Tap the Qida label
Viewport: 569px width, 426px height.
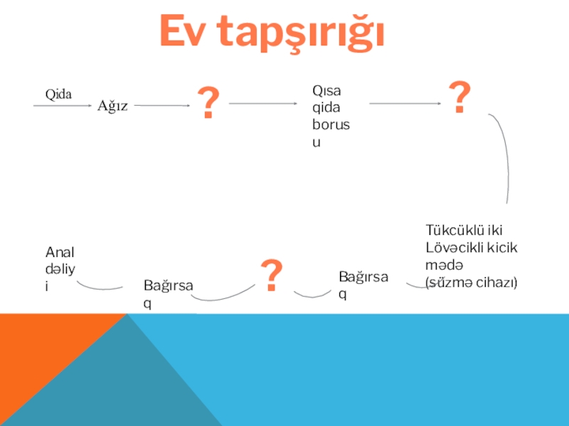coord(59,94)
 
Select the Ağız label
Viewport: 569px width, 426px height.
coord(112,106)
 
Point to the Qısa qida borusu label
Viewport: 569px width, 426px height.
coord(332,116)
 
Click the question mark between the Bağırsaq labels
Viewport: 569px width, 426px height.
coord(272,275)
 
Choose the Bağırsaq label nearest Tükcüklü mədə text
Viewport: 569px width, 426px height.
coord(363,284)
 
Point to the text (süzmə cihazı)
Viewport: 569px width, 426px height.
coord(471,283)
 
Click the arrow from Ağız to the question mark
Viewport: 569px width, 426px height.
coord(161,106)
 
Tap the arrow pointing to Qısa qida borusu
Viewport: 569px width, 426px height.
coord(262,104)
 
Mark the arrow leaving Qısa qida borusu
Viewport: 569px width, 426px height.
coord(405,104)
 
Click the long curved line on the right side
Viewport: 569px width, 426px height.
coord(502,156)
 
